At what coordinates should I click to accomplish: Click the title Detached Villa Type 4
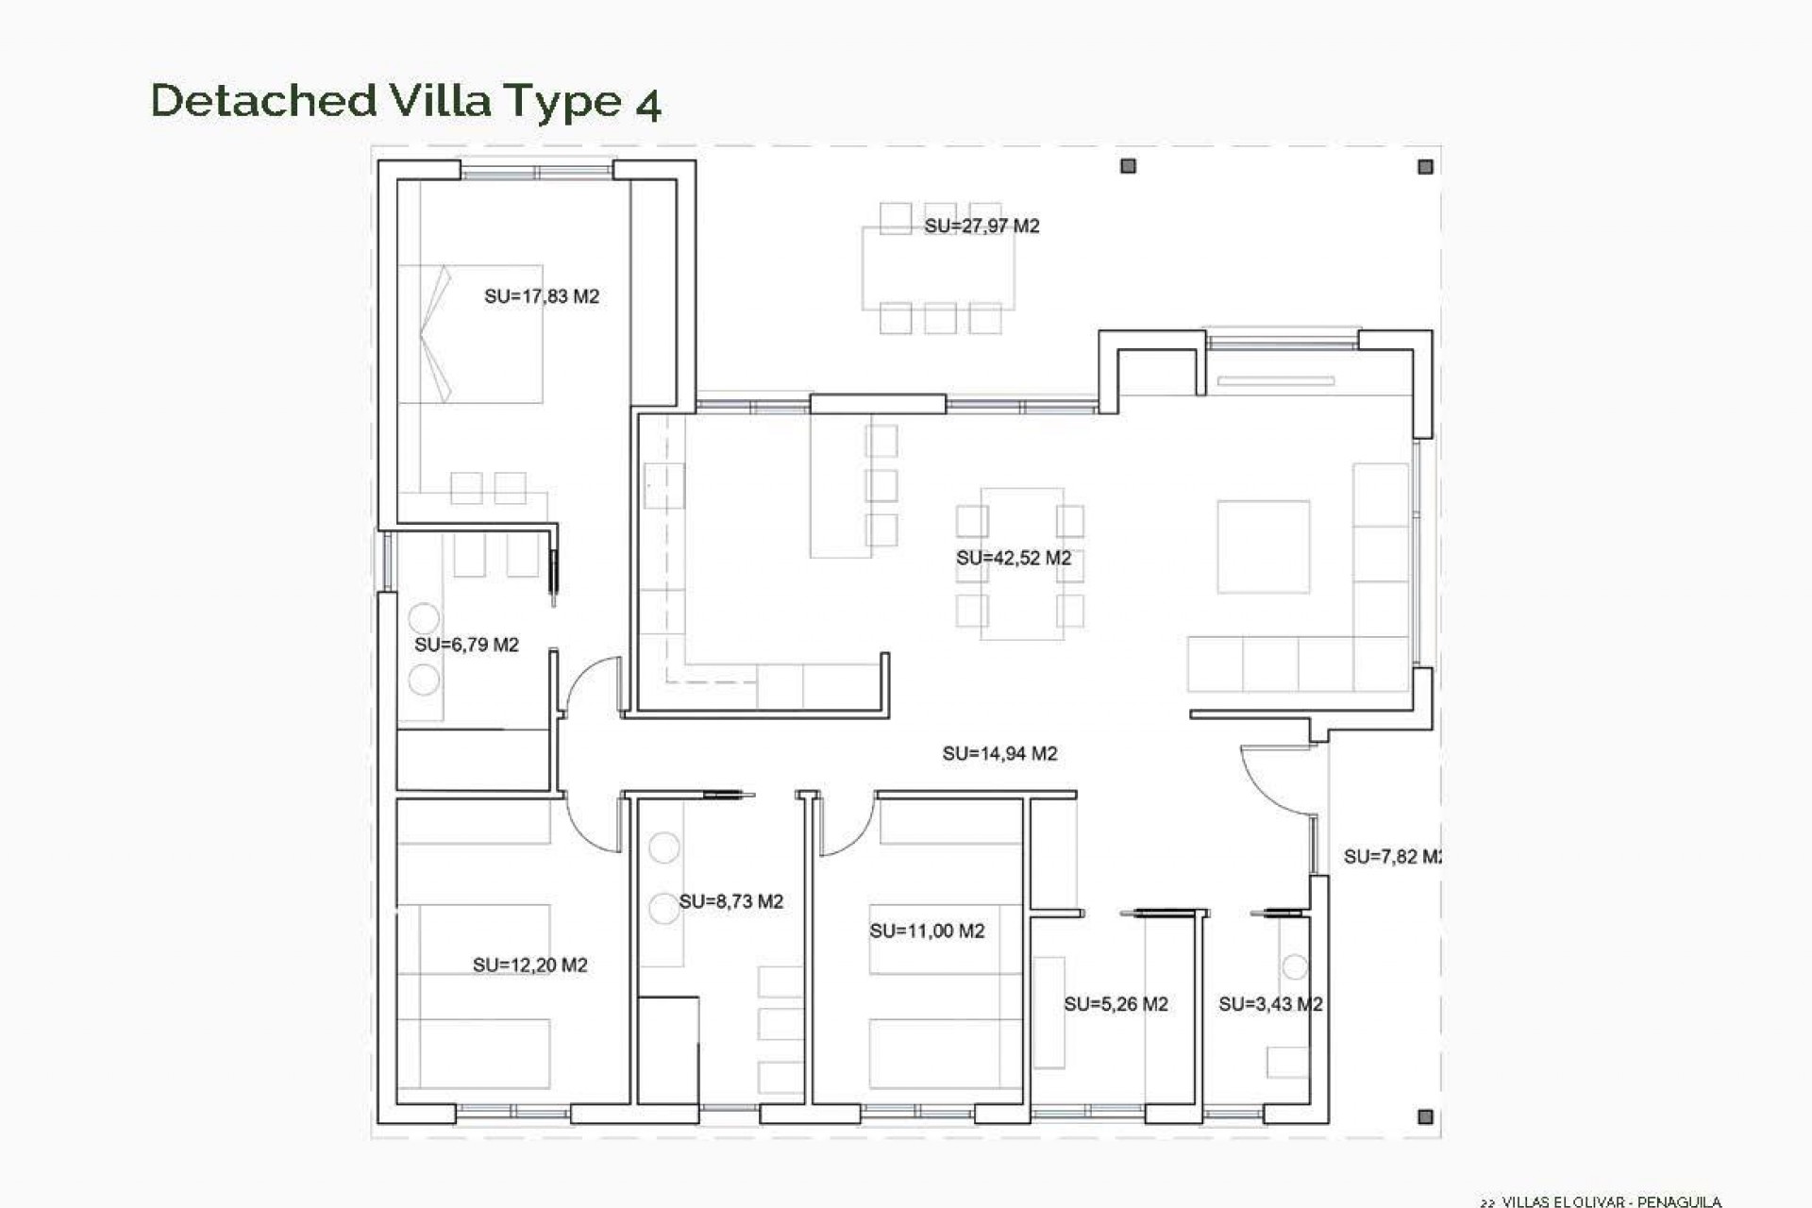406,101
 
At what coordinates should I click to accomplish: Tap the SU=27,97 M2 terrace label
981,226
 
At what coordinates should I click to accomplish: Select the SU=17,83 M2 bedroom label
542,296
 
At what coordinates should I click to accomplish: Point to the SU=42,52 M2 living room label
1014,558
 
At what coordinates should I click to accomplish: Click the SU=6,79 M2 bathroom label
466,645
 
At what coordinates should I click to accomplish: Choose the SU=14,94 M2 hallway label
999,753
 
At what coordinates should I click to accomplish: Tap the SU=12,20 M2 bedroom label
529,965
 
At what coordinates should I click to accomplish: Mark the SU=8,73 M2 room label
730,901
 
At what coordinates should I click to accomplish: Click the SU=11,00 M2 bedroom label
927,931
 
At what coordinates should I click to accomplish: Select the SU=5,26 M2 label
1116,1004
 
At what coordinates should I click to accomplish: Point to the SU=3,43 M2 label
1269,1004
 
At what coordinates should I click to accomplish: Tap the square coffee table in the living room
1263,546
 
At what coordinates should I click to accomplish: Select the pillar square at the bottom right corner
1425,1116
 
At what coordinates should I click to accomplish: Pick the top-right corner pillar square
1425,167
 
